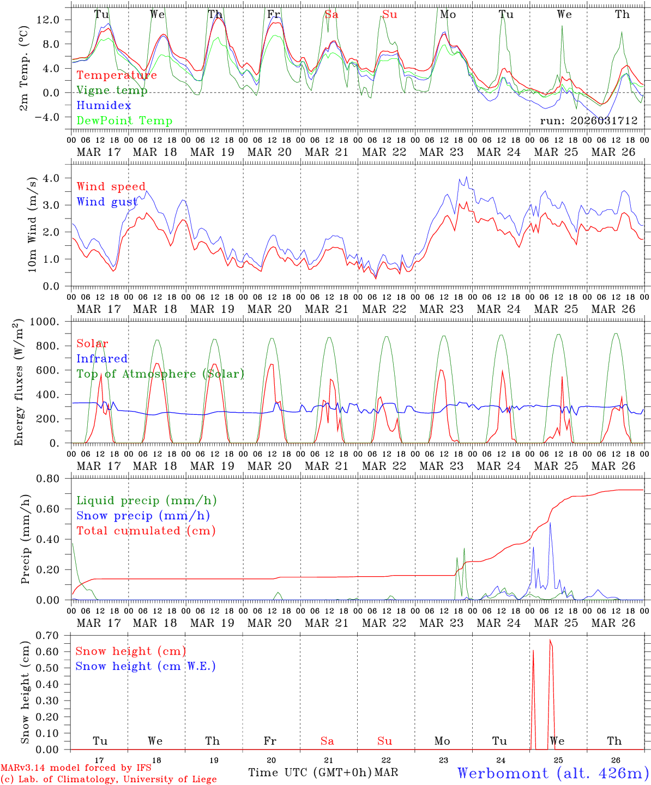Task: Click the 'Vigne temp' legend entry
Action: [x=112, y=90]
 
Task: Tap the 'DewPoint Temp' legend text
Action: [x=124, y=120]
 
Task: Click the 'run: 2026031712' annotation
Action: [x=589, y=120]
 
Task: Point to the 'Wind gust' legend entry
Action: [x=107, y=202]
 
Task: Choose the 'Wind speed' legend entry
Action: [x=111, y=186]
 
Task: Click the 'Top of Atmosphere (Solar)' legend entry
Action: [x=160, y=373]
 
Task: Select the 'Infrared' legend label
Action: [x=102, y=358]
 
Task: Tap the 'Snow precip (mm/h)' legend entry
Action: [x=143, y=515]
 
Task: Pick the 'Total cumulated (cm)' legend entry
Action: [x=146, y=530]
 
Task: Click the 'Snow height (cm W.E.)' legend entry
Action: [x=146, y=666]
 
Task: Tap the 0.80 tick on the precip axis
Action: [x=55, y=479]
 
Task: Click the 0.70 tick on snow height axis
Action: [x=55, y=635]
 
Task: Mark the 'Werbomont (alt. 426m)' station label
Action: [x=552, y=772]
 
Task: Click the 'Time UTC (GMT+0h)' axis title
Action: [x=310, y=772]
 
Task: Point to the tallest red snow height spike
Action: [x=550, y=640]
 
